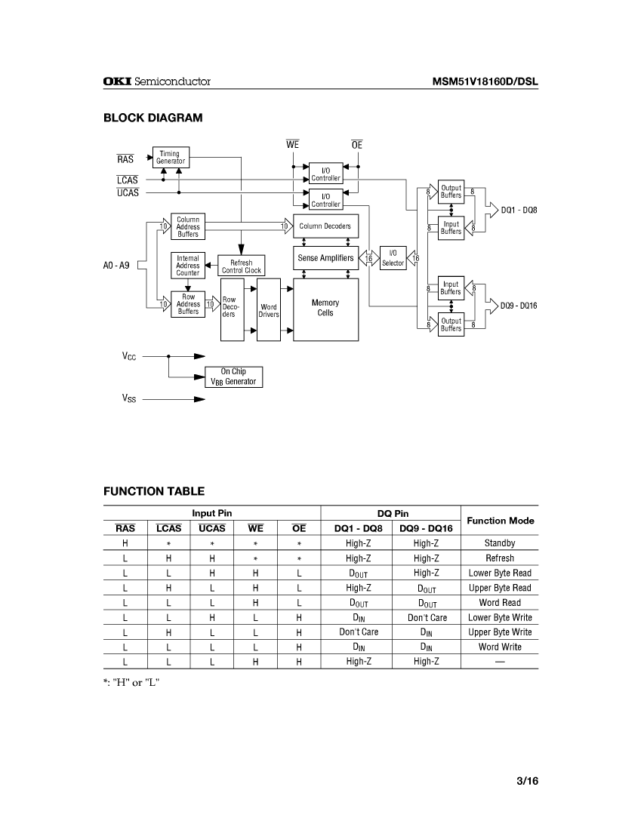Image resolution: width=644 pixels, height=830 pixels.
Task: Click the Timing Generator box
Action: click(x=170, y=158)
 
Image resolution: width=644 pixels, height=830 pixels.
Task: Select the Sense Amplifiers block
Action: click(x=325, y=258)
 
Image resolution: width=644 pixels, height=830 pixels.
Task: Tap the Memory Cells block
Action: click(x=325, y=308)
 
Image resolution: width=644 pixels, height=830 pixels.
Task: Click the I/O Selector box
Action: click(x=393, y=259)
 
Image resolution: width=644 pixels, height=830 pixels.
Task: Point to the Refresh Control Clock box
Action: click(x=242, y=266)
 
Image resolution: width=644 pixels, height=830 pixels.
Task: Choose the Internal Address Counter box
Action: click(x=188, y=266)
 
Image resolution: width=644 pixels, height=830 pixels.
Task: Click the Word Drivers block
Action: click(x=269, y=310)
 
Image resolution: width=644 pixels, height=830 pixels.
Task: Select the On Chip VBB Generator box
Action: click(x=233, y=377)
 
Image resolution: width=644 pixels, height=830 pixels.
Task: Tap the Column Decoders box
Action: click(x=325, y=226)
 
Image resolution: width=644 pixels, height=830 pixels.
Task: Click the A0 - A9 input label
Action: click(x=116, y=266)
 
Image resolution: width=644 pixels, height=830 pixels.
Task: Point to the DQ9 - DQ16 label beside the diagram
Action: click(x=519, y=306)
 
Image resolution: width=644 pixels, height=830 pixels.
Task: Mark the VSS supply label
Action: click(x=129, y=397)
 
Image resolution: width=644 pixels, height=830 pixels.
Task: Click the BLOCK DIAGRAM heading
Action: click(x=153, y=118)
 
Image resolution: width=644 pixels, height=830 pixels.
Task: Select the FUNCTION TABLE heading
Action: click(x=154, y=491)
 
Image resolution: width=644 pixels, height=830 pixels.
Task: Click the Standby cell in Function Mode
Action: click(x=500, y=543)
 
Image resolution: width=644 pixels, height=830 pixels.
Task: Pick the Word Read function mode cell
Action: click(x=500, y=602)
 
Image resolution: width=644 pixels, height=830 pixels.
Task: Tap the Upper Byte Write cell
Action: click(x=500, y=632)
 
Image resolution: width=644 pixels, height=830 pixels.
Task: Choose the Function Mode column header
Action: click(x=500, y=521)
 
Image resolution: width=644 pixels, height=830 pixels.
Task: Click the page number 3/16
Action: click(x=527, y=781)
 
